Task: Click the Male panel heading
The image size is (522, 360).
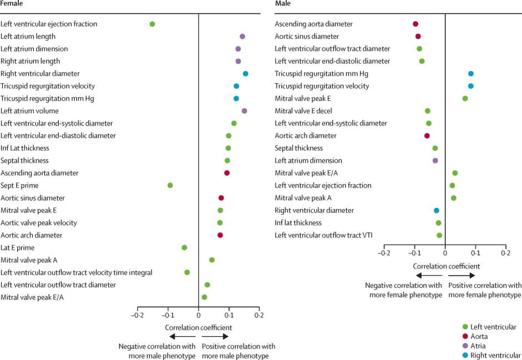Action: click(283, 4)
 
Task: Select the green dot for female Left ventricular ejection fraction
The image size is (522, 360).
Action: click(153, 24)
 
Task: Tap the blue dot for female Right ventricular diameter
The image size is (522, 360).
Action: click(246, 73)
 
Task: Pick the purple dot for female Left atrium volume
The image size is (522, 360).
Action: click(244, 111)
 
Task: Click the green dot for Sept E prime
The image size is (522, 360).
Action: click(170, 185)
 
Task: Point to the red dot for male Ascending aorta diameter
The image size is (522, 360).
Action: click(415, 24)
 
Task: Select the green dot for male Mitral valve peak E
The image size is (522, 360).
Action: click(465, 99)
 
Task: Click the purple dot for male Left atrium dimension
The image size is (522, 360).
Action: click(435, 160)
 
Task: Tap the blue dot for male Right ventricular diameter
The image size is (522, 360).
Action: click(437, 210)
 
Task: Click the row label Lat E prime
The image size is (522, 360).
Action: click(18, 247)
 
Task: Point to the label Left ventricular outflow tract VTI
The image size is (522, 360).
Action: click(324, 235)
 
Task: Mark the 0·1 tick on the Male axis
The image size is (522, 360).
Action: click(475, 253)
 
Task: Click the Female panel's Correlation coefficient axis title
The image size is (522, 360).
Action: click(198, 328)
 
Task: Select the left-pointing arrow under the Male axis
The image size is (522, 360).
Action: click(428, 276)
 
